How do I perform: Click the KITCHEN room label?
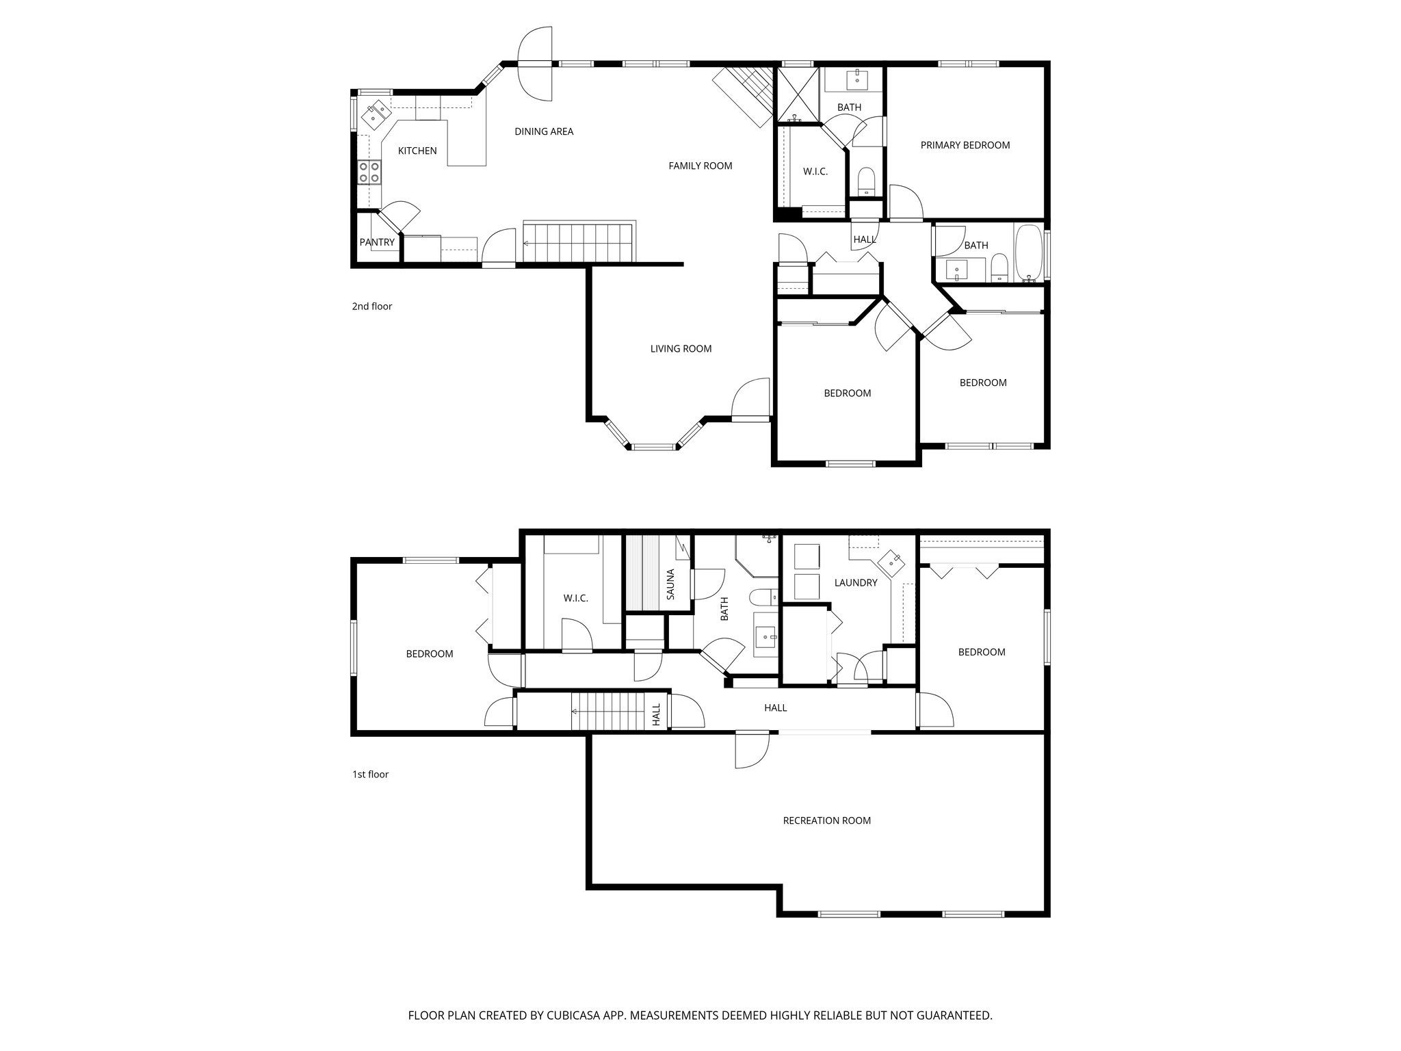click(x=417, y=151)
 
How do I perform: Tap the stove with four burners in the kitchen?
click(x=369, y=172)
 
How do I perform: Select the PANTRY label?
click(x=377, y=242)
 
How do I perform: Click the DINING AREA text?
click(x=544, y=131)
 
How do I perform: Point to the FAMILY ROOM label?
click(x=700, y=166)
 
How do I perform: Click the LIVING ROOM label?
click(x=681, y=349)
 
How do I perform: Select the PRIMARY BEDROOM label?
click(x=965, y=145)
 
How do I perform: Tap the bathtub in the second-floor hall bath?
click(x=1028, y=254)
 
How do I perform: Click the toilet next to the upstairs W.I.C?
click(x=866, y=181)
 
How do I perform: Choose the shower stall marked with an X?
click(x=798, y=94)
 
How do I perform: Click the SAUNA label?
click(x=670, y=584)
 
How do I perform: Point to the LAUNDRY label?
click(x=855, y=583)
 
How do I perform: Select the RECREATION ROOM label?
click(x=826, y=820)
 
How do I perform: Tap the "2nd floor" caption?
click(x=372, y=307)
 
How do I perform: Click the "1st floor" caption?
click(x=370, y=775)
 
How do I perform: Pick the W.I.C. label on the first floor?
click(x=575, y=599)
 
